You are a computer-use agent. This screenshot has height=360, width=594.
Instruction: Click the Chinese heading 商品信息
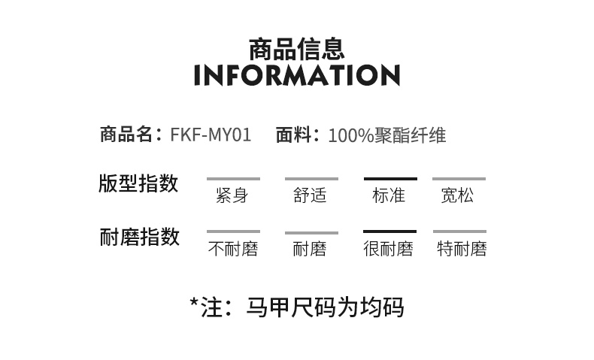296,48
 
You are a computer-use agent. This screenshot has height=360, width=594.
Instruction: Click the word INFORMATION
296,76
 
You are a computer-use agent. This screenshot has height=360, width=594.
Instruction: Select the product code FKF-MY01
211,135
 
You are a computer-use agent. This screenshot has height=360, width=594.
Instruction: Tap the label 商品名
127,135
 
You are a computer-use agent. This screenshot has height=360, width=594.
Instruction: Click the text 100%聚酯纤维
387,135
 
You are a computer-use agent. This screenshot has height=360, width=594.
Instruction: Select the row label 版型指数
138,183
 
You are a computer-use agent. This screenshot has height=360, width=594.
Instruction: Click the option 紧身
232,196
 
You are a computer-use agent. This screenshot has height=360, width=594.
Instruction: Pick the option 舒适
310,196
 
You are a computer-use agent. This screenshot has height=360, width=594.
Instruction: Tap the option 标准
389,196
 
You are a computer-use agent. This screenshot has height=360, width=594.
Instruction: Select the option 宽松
457,196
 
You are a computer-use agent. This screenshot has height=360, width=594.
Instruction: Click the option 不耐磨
233,249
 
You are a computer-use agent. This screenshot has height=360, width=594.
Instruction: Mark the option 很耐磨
389,249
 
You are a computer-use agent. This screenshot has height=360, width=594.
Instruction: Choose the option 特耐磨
462,249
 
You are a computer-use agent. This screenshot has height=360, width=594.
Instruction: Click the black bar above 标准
389,179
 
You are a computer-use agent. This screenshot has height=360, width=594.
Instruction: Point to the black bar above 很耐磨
389,231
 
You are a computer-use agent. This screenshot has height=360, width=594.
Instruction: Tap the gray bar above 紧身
233,179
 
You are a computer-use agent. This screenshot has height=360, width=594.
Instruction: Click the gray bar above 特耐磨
459,231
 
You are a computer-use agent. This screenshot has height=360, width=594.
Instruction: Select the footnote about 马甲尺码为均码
296,307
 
